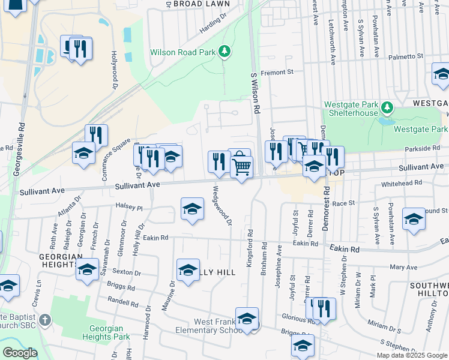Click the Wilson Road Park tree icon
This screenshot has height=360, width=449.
click(224, 52)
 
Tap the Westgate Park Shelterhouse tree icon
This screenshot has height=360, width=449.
click(388, 108)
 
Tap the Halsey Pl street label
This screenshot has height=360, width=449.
click(131, 208)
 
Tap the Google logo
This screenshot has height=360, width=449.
click(20, 353)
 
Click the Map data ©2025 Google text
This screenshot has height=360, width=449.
click(411, 355)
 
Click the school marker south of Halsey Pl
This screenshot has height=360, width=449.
click(192, 209)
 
